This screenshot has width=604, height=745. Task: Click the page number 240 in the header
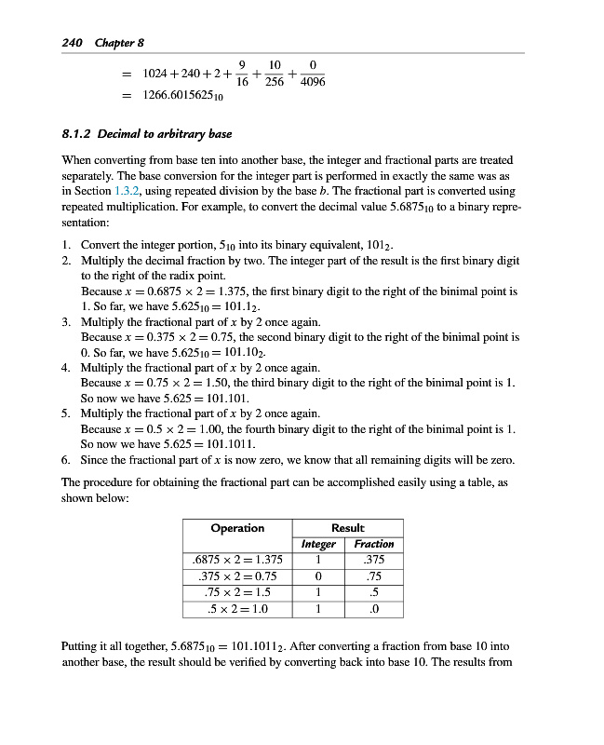point(72,43)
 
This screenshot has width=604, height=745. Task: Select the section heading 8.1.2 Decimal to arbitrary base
point(146,134)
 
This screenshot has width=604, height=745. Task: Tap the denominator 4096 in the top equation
point(313,82)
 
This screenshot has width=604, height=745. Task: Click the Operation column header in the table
point(237,528)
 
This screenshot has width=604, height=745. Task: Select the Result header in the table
point(348,528)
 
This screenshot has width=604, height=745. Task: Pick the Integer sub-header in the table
point(319,544)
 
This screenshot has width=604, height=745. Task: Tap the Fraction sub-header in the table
point(374,544)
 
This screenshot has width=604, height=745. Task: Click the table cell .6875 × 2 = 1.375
point(237,560)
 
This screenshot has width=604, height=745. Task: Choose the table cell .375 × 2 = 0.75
point(237,576)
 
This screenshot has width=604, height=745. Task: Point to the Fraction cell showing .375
point(374,560)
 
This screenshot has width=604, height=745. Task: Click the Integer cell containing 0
point(319,576)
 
